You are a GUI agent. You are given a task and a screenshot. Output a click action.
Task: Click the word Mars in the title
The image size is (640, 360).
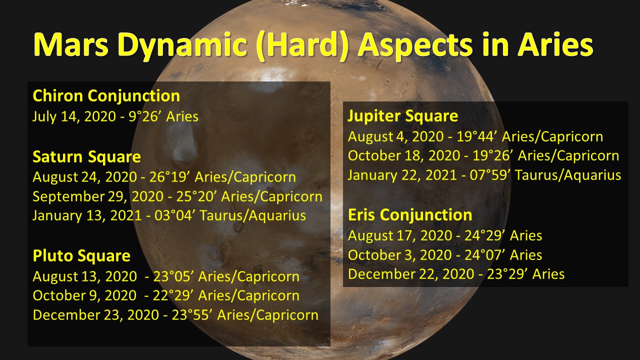(71, 45)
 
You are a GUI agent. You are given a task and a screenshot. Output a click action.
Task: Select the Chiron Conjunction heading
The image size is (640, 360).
(106, 95)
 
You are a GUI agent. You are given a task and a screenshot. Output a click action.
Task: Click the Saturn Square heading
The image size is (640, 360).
(86, 157)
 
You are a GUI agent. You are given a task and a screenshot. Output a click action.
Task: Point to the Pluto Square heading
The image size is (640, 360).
(81, 255)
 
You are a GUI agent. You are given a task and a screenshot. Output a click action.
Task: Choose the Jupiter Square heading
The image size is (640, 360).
(403, 116)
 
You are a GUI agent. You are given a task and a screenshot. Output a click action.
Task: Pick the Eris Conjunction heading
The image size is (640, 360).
(410, 214)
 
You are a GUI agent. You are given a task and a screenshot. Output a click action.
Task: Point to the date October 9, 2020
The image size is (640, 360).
(84, 295)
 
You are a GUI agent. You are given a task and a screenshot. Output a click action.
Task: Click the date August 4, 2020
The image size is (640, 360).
(395, 137)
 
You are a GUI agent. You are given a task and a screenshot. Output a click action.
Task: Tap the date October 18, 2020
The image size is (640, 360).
(404, 156)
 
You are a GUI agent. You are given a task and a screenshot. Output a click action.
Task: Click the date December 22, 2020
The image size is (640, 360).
(411, 274)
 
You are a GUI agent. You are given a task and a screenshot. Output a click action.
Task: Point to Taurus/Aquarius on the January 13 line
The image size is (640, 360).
(252, 215)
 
